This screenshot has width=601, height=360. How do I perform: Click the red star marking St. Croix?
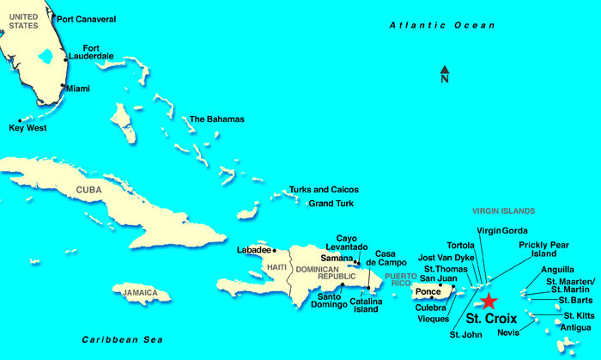click(x=488, y=300)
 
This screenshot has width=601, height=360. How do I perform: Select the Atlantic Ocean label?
click(x=436, y=27)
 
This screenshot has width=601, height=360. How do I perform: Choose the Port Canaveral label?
click(x=85, y=18)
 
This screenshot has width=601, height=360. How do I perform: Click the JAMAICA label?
click(x=140, y=293)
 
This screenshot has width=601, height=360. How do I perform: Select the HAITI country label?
click(x=276, y=267)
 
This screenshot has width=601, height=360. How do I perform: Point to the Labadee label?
click(x=253, y=250)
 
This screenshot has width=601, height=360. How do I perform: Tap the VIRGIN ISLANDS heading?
click(x=504, y=211)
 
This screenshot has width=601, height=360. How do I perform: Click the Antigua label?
click(x=574, y=327)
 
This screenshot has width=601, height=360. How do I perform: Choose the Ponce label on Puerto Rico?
click(x=428, y=291)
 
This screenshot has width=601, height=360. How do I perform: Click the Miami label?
click(x=78, y=88)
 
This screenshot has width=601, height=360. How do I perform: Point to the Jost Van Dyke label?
click(x=446, y=257)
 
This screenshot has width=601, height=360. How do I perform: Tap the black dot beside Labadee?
click(x=275, y=250)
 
